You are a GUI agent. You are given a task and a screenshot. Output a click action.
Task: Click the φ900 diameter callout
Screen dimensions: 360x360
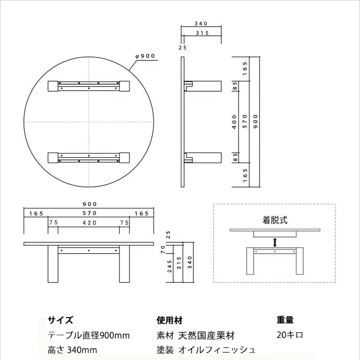pos(145,56)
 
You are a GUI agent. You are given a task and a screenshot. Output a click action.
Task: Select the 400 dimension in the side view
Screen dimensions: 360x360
pos(234,121)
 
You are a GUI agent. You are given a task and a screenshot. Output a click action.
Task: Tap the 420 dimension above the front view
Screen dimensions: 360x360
pos(89,223)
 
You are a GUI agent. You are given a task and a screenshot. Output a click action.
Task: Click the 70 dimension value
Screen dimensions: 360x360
pos(168,249)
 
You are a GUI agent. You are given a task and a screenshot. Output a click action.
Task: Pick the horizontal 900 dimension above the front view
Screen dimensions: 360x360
pos(89,204)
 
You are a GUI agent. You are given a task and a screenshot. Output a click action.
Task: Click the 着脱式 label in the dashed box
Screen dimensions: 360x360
pos(275,220)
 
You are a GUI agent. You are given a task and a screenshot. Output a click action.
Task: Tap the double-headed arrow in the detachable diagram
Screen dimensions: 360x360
pos(275,242)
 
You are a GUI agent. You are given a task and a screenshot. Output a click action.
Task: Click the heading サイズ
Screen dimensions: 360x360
pos(60,320)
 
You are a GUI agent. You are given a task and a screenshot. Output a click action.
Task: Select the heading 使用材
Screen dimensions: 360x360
pos(169,320)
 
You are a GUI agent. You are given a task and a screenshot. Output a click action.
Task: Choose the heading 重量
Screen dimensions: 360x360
pos(285,320)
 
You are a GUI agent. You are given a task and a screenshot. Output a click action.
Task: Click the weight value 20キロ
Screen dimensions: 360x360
pos(290,335)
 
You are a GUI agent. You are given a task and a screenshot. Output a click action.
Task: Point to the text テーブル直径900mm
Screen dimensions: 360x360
pos(88,336)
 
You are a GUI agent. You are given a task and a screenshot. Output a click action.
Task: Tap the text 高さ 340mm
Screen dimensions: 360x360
pos(72,350)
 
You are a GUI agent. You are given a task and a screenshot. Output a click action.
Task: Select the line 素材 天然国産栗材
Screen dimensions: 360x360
pos(195,336)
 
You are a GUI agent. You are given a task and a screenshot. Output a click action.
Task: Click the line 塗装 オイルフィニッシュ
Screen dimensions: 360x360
pos(206,350)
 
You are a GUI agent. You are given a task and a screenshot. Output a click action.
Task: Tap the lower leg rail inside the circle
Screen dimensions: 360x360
pos(89,157)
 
